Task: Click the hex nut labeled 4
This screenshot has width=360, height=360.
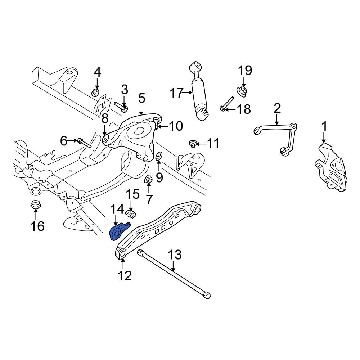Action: (95, 93)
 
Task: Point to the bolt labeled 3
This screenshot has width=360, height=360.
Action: (121, 107)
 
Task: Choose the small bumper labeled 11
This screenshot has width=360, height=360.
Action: (192, 144)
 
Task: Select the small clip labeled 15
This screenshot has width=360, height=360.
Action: (131, 214)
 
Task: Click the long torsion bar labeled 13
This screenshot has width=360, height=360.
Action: (174, 274)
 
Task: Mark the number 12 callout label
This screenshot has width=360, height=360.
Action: (125, 275)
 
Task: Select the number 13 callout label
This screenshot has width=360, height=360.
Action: (175, 255)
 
